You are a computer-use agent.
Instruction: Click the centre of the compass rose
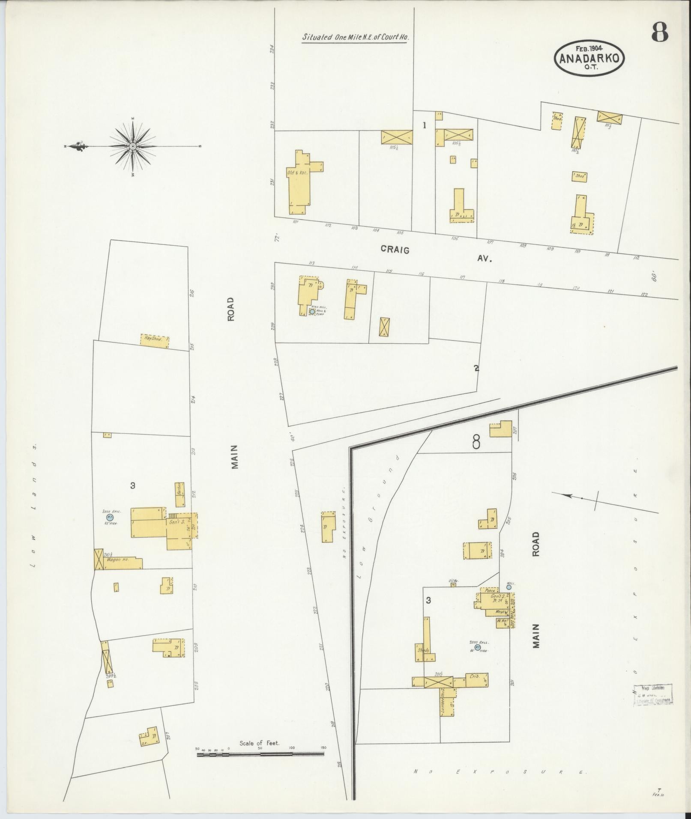click(x=133, y=146)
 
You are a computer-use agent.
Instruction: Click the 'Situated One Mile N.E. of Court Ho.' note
click(x=356, y=37)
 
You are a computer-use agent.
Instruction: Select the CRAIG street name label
click(x=395, y=250)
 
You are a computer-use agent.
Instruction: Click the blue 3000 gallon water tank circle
click(x=110, y=517)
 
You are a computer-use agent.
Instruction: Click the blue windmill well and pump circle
click(x=312, y=311)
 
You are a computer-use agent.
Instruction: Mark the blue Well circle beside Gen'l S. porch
click(x=509, y=587)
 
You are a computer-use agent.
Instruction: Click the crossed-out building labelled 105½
click(x=397, y=137)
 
